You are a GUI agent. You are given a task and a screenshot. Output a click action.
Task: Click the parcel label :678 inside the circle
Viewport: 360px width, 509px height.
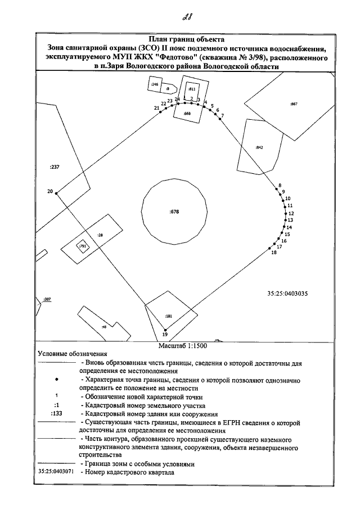click(x=174, y=211)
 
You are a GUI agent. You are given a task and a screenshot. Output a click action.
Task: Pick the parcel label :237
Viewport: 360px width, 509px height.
click(x=55, y=167)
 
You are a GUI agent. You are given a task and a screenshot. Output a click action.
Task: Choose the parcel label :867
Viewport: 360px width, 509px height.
click(x=293, y=104)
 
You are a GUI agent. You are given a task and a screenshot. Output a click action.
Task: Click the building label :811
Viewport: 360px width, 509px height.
click(x=191, y=89)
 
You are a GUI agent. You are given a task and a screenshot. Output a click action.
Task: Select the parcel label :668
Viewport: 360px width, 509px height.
click(x=187, y=113)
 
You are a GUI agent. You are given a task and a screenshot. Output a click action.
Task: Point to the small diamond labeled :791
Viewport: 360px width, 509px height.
click(x=82, y=246)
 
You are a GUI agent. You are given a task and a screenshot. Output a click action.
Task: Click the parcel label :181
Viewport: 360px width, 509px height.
click(x=169, y=317)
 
